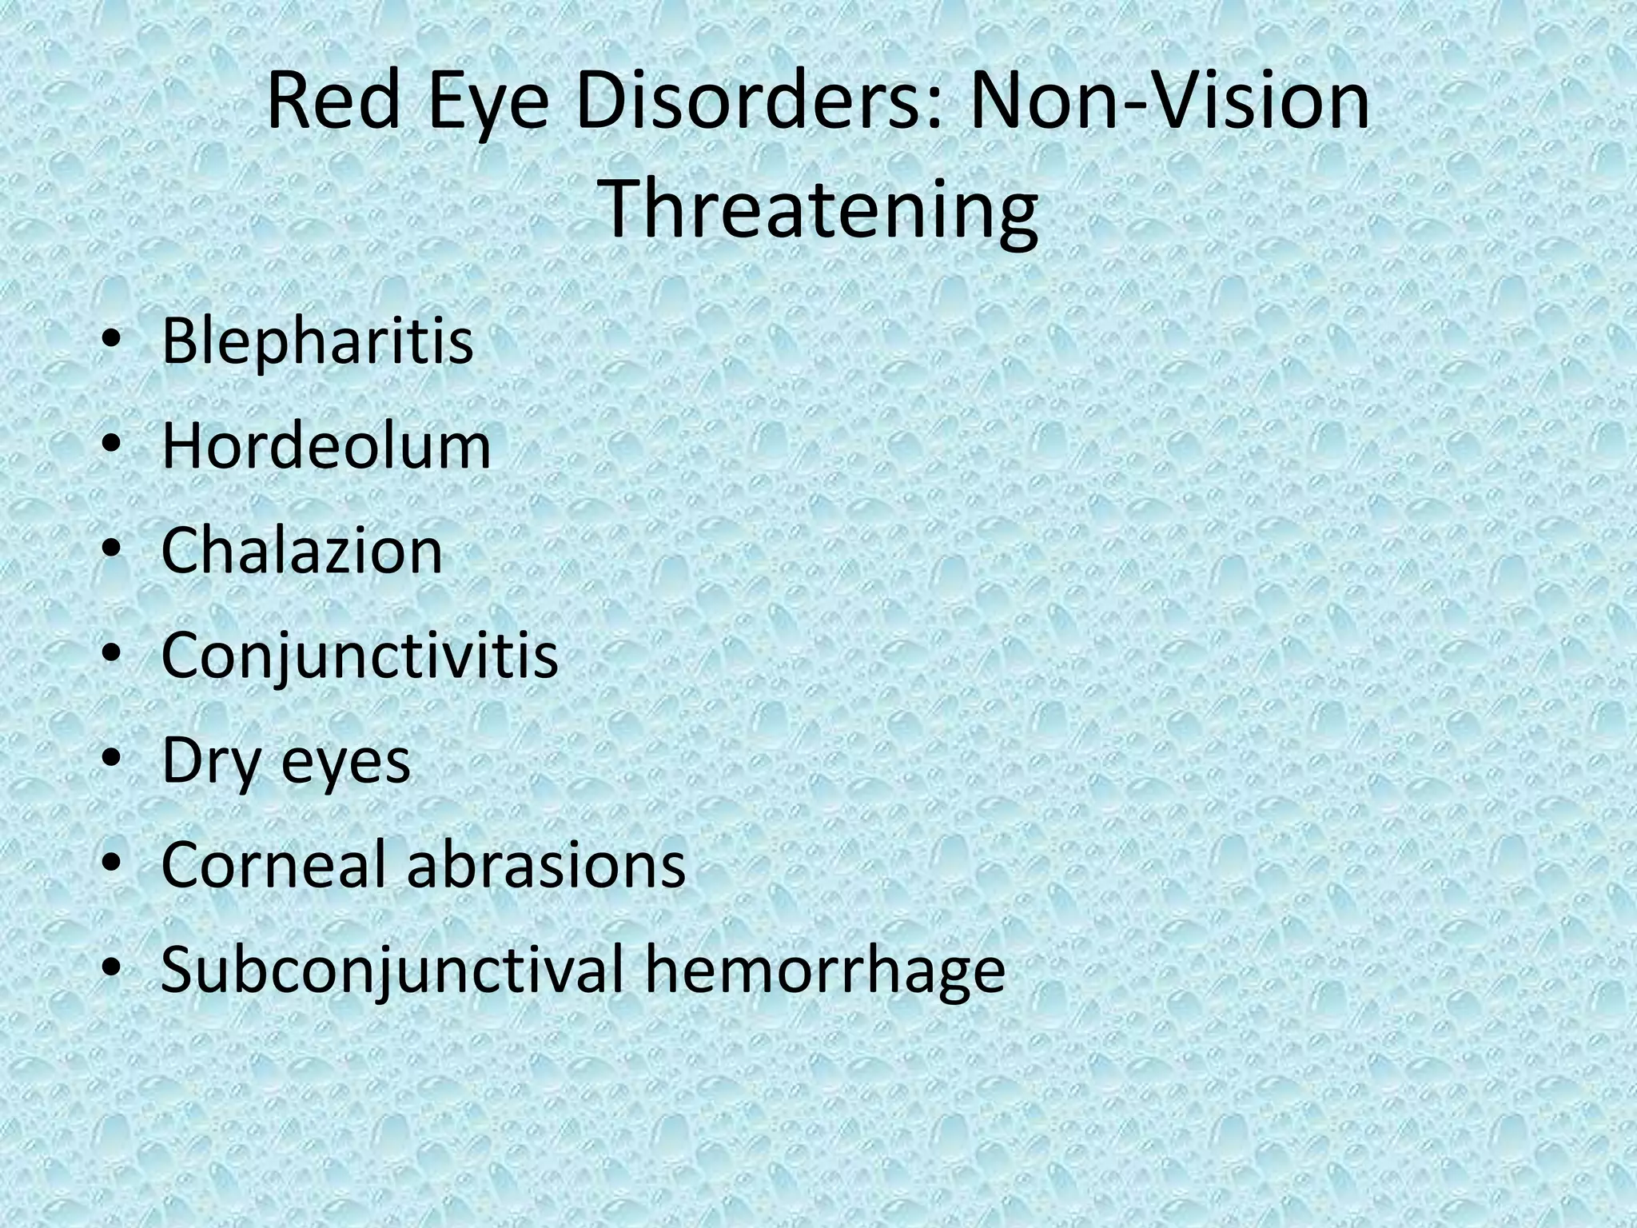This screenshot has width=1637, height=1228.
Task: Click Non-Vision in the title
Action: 1169,103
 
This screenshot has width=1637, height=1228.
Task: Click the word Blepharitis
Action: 317,341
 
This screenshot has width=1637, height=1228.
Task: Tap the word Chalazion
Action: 301,551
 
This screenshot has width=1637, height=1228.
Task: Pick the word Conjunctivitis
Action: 360,656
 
